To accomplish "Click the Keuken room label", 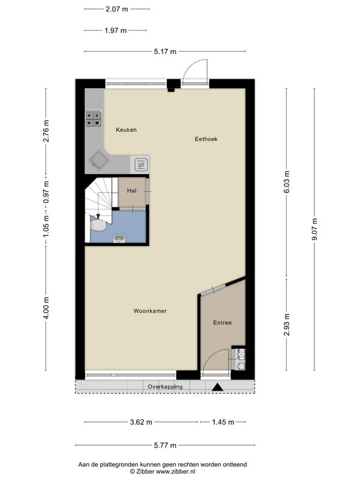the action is (x=126, y=130).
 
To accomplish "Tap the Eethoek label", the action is (x=206, y=139).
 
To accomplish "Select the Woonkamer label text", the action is (x=150, y=311).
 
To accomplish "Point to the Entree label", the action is (x=222, y=323).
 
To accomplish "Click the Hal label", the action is (x=131, y=191).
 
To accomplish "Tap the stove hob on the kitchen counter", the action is (x=94, y=119).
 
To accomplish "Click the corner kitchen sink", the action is (x=99, y=160).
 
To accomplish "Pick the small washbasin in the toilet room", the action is (x=119, y=239).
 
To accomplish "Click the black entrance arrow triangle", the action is (x=218, y=387).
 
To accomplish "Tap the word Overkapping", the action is (x=165, y=386).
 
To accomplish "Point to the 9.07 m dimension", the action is (x=314, y=229).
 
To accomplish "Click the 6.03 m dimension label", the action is (x=287, y=182).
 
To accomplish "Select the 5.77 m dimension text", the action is (x=165, y=445).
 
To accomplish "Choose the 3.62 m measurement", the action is (x=141, y=422).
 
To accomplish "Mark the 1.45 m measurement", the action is (x=223, y=422).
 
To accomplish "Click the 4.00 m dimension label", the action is (x=46, y=308).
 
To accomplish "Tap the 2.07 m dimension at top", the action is (x=116, y=9).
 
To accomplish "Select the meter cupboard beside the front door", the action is (x=238, y=358).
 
